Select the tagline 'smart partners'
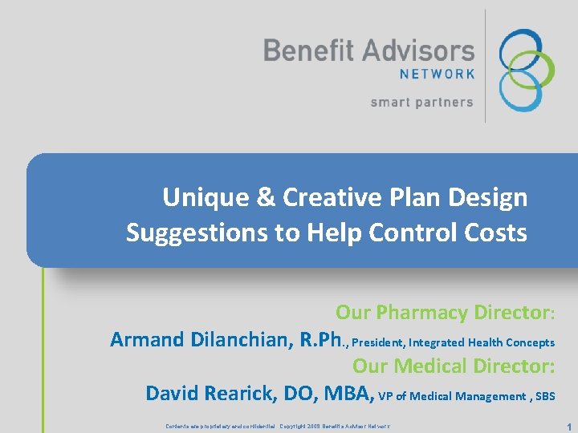421,102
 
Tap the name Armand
147,340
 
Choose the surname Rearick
242,394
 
